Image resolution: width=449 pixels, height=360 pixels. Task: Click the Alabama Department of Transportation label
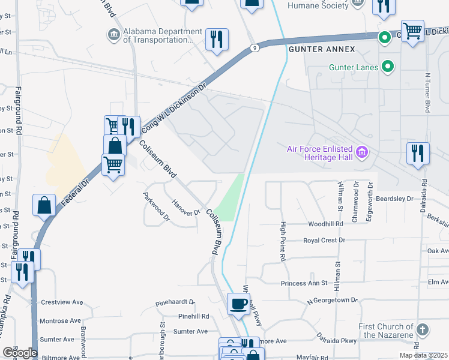coord(163,36)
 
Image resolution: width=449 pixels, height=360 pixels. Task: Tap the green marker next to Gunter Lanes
coord(388,67)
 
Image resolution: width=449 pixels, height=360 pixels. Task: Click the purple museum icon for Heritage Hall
coord(361,151)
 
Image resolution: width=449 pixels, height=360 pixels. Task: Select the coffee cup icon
coord(239,304)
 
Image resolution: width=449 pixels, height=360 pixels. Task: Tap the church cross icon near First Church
coord(423,330)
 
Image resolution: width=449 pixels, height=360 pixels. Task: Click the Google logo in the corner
coord(19,352)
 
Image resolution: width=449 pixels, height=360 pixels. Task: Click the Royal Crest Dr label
coord(325,240)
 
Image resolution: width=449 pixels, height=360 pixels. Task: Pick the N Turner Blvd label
coord(428,93)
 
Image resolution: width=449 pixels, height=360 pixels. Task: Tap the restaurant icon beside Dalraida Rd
coord(418,153)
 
